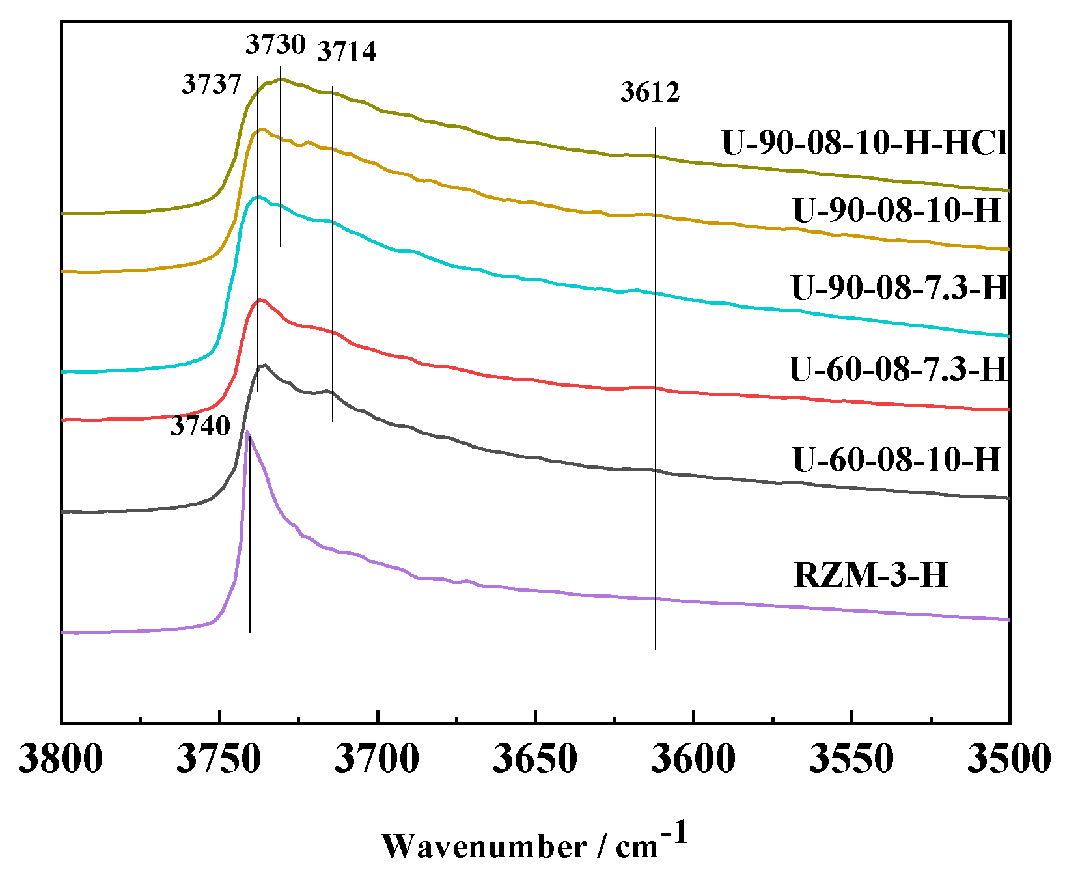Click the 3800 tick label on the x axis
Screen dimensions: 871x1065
pyautogui.click(x=61, y=759)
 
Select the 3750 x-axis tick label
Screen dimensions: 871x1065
pyautogui.click(x=219, y=759)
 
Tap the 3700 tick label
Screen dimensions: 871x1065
pyautogui.click(x=378, y=759)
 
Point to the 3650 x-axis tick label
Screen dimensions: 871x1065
pyautogui.click(x=535, y=759)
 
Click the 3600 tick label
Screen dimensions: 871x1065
pyautogui.click(x=694, y=759)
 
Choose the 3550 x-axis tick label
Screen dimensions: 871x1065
pyautogui.click(x=851, y=759)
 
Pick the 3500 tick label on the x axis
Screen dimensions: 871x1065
pyautogui.click(x=1008, y=759)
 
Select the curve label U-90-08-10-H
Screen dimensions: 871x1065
pyautogui.click(x=896, y=211)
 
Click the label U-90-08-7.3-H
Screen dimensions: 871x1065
pyautogui.click(x=899, y=288)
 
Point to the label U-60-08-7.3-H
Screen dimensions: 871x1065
pyautogui.click(x=898, y=370)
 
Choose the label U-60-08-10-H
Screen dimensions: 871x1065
pyautogui.click(x=896, y=460)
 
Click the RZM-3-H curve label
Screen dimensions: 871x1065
pyautogui.click(x=871, y=575)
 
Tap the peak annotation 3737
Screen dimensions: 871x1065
pyautogui.click(x=212, y=85)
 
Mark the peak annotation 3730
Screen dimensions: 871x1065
pyautogui.click(x=275, y=45)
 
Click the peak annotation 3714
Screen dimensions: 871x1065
pyautogui.click(x=346, y=51)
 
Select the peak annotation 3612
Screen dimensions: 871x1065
pyautogui.click(x=650, y=92)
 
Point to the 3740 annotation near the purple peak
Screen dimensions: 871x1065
pyautogui.click(x=201, y=426)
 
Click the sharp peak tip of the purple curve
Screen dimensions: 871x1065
pyautogui.click(x=247, y=432)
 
